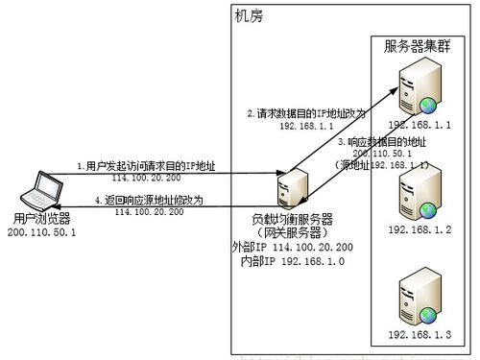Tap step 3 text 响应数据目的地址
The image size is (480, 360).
click(x=381, y=142)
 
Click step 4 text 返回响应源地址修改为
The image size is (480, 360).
click(x=149, y=200)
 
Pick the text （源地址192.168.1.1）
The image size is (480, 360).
click(x=381, y=165)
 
